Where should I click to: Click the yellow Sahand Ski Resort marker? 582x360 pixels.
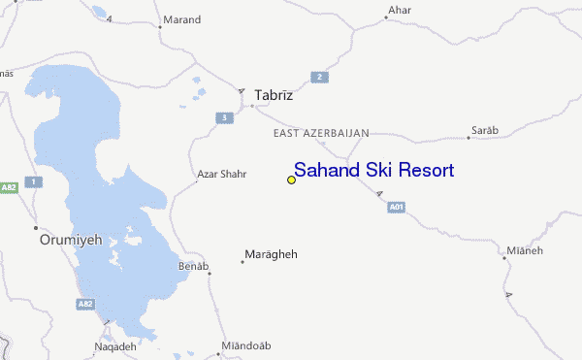(x=291, y=180)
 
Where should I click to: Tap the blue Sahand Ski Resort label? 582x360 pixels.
(x=373, y=170)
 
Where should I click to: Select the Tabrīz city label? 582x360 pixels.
(x=273, y=96)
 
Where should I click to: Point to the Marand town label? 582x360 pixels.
(x=181, y=19)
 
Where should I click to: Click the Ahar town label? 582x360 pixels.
(x=399, y=12)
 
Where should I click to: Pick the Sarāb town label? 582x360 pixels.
(x=485, y=129)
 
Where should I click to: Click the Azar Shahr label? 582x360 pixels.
(x=221, y=175)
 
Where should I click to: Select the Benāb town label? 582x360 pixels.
(x=194, y=265)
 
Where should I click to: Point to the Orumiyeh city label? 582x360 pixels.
(x=70, y=238)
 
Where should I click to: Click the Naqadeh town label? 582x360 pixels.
(x=115, y=346)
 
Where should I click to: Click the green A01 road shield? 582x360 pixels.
(x=395, y=207)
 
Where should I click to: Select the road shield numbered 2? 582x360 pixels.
(x=316, y=77)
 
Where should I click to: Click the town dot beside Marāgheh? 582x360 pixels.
(x=242, y=261)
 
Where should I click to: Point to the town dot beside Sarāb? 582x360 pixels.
(x=468, y=138)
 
